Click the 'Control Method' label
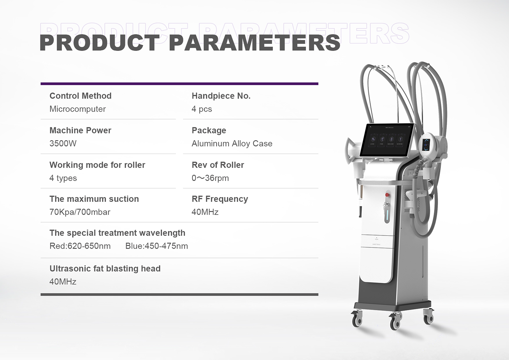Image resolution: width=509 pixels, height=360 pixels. click(x=80, y=96)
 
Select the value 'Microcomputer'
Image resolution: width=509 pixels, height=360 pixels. click(x=77, y=109)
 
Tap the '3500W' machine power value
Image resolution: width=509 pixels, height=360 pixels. click(x=63, y=143)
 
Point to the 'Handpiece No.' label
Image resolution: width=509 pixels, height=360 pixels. click(x=221, y=96)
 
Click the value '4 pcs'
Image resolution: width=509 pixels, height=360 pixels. click(x=202, y=109)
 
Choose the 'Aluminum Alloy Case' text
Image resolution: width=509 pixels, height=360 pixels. click(x=232, y=143)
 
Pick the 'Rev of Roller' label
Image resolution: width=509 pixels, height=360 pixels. click(x=218, y=165)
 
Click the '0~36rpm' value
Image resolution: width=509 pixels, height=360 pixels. click(x=210, y=178)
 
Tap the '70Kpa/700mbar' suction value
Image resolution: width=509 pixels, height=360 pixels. click(x=80, y=212)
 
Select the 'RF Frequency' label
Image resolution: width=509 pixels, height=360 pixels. click(x=220, y=199)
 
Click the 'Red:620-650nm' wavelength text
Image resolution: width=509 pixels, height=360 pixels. click(x=80, y=246)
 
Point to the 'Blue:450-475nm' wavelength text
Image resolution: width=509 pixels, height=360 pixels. click(x=157, y=246)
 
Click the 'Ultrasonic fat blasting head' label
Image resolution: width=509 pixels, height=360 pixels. click(x=105, y=268)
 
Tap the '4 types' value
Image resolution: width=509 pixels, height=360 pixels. click(x=63, y=178)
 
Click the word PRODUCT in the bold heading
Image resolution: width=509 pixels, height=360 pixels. click(x=100, y=43)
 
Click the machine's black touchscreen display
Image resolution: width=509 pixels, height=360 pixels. click(x=387, y=140)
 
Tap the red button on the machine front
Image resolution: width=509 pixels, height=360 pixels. click(x=387, y=195)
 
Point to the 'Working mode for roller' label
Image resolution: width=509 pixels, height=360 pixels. click(x=97, y=165)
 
